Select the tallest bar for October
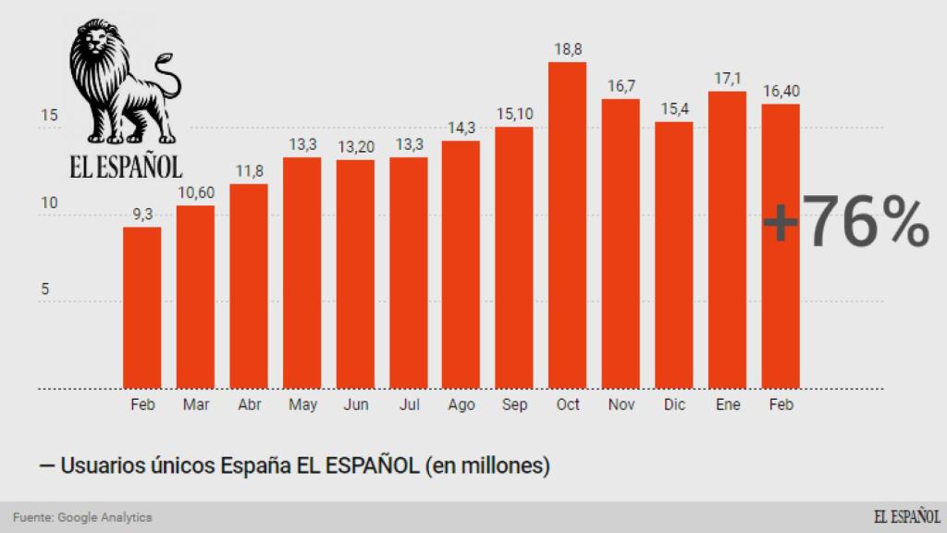coord(567,226)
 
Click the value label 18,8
coord(567,48)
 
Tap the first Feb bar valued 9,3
coord(141,308)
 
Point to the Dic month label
coord(673,404)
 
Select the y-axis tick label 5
coord(44,290)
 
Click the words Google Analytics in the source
coord(105,517)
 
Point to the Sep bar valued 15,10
coord(513,258)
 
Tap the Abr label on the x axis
coord(248,404)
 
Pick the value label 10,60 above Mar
coord(195,192)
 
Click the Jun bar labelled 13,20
coord(354,274)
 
